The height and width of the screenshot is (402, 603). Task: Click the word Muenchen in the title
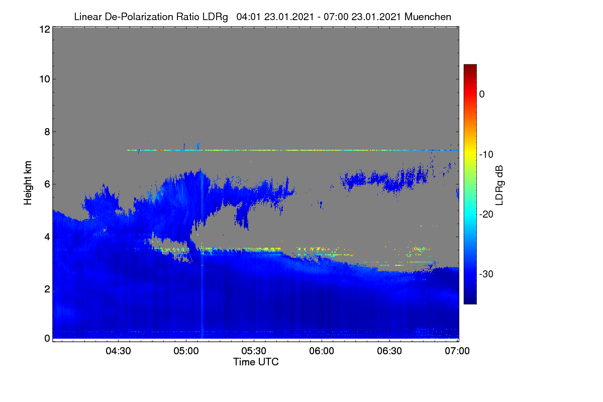(428, 17)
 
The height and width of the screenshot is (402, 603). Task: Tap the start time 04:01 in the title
(248, 17)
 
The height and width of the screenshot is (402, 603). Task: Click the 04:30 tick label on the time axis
(118, 351)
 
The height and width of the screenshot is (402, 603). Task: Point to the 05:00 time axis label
(186, 351)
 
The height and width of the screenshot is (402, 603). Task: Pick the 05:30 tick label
(254, 351)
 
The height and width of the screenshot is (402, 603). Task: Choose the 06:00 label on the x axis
(322, 351)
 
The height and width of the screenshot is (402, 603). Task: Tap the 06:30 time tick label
(389, 351)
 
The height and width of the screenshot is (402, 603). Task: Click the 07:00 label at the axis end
(457, 351)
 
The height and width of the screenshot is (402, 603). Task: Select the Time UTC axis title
(256, 362)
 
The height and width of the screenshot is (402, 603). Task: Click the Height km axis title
(28, 183)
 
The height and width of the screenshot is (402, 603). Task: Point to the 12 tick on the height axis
(45, 29)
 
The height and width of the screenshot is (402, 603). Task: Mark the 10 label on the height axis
(45, 79)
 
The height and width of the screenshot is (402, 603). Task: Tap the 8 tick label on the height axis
(47, 132)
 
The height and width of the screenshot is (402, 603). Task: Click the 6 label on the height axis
(47, 184)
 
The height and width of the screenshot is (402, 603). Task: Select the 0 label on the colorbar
(482, 94)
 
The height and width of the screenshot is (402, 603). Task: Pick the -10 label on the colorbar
(486, 155)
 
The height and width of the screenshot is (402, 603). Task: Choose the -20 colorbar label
(486, 215)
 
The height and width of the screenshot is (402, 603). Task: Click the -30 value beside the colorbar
(486, 274)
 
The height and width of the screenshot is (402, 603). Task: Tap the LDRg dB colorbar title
(499, 185)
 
